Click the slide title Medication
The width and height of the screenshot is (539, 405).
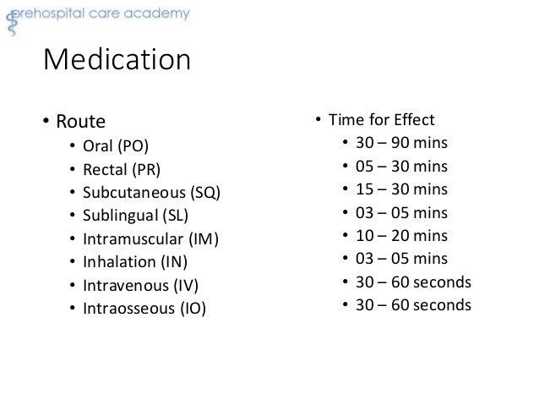point(117,62)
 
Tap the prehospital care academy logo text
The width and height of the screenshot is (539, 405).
point(103,14)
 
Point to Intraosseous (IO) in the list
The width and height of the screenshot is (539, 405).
point(144,307)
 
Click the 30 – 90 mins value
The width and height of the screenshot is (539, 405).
point(401,142)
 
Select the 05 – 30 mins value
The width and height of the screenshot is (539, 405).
point(401,166)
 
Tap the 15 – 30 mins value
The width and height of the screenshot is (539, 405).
point(401,189)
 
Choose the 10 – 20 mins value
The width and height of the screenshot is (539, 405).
point(401,235)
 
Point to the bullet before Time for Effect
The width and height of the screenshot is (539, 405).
point(318,119)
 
